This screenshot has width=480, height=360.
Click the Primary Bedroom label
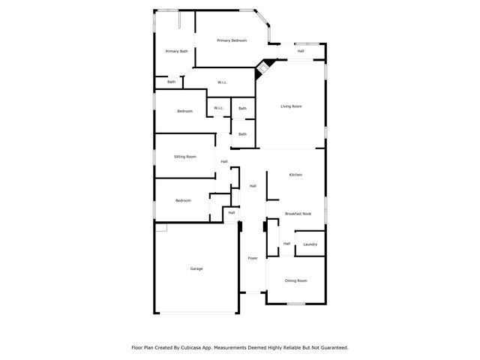tap(232, 40)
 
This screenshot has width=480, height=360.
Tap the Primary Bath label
tap(177, 51)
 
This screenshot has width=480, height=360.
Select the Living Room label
tap(291, 106)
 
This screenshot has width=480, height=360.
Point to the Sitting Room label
tap(184, 157)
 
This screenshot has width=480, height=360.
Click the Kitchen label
tap(295, 175)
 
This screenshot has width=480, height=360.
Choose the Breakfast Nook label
tap(298, 214)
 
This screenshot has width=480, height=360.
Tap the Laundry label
tap(310, 244)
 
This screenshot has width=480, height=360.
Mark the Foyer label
tap(253, 258)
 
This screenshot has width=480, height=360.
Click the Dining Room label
tap(295, 280)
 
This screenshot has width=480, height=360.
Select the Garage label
tap(196, 268)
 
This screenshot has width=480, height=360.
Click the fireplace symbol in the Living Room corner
tap(262, 67)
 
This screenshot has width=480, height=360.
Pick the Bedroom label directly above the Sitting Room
tap(184, 111)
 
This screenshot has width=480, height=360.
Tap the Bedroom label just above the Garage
tap(183, 200)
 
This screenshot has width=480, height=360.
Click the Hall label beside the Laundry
tap(286, 243)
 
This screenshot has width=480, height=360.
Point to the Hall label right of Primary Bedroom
tap(300, 51)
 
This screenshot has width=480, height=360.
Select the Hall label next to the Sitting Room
tap(224, 161)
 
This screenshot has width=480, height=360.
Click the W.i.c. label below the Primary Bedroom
tap(222, 82)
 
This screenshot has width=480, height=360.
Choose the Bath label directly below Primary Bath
tap(171, 82)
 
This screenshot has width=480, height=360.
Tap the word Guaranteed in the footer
tap(331, 348)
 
